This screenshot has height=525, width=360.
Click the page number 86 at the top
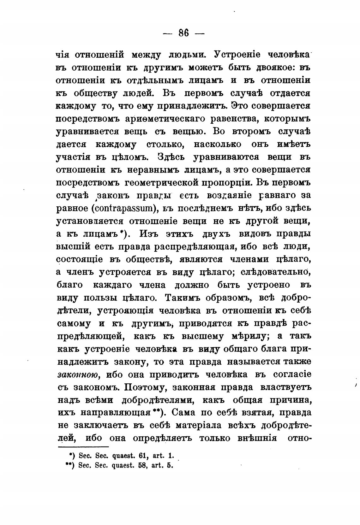point(183,33)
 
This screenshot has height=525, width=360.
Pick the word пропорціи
point(226,183)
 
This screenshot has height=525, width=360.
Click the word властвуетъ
point(286,387)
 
